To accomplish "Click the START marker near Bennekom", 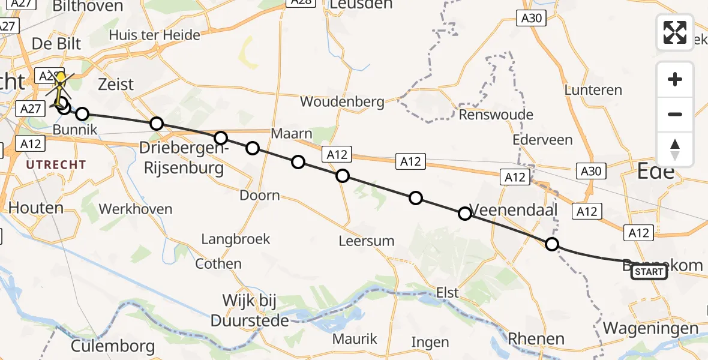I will [x=649, y=272].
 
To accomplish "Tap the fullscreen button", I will [x=675, y=32].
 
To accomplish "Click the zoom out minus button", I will [x=675, y=114].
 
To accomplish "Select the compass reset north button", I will [x=675, y=149].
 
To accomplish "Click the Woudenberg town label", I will [x=342, y=101].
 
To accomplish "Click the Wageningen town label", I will [x=651, y=328].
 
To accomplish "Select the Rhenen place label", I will [x=536, y=338].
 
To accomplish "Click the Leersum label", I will [x=366, y=241].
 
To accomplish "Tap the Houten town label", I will [x=36, y=208].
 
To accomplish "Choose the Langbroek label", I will [x=236, y=239].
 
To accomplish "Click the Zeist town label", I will [x=116, y=84].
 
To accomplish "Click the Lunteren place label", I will [x=593, y=90].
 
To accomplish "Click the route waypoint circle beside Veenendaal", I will [x=465, y=213].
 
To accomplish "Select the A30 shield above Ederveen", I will [x=531, y=19].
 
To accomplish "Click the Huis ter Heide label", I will [x=154, y=35].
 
